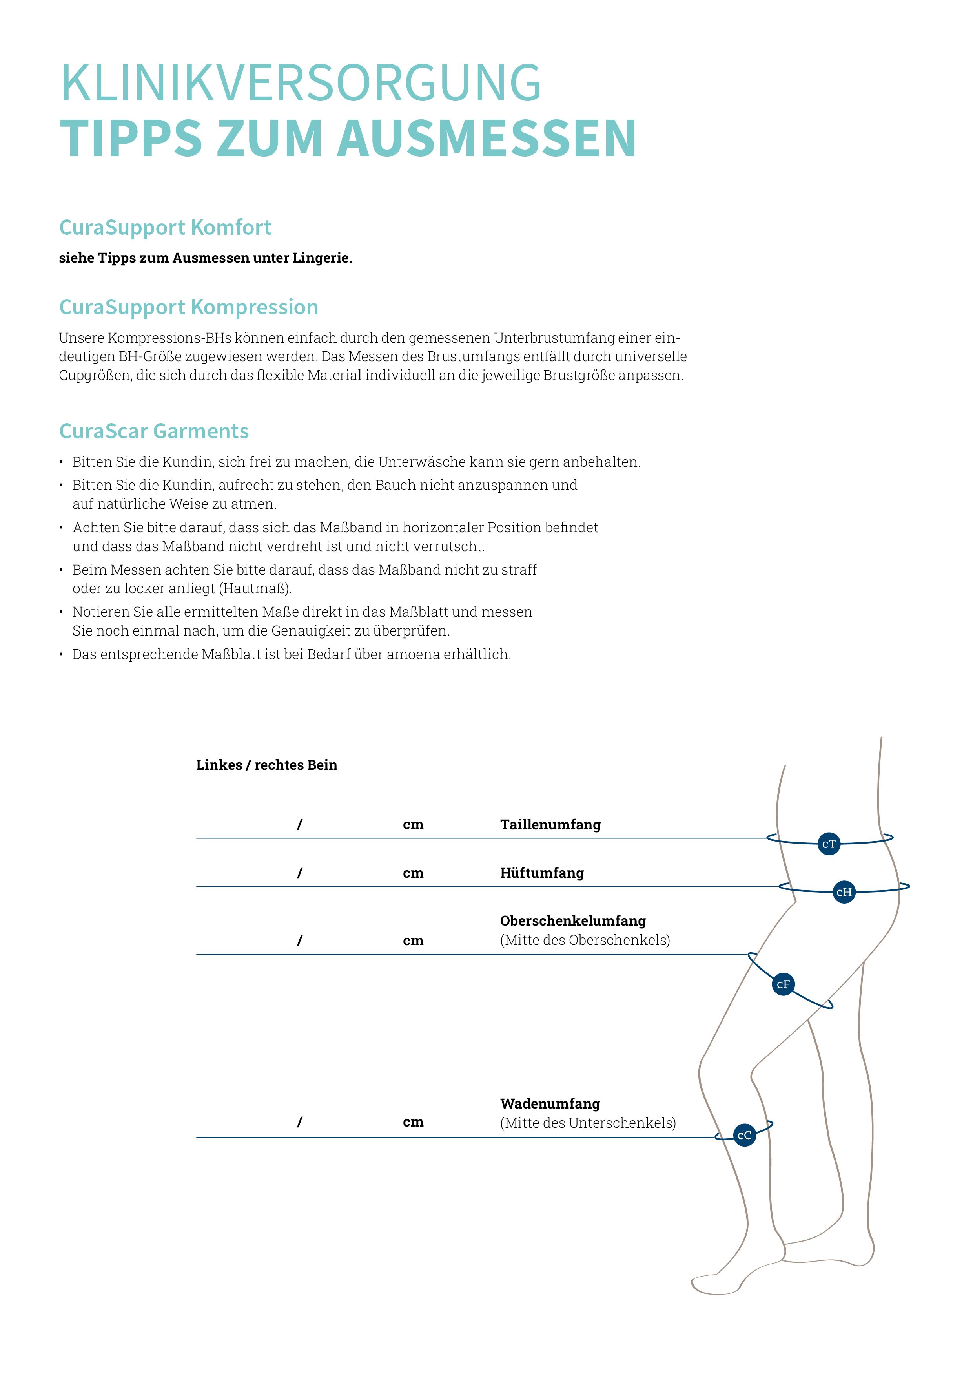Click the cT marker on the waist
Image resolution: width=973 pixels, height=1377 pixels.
pyautogui.click(x=829, y=844)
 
